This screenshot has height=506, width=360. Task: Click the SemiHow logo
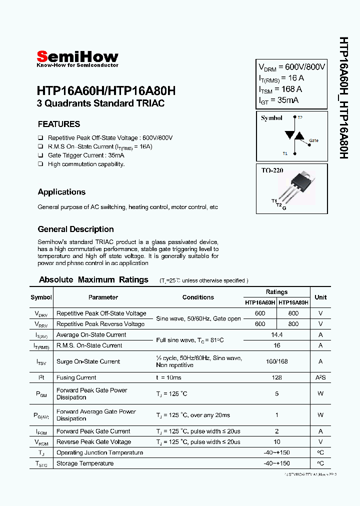77,58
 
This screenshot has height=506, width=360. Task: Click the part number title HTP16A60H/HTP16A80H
106,91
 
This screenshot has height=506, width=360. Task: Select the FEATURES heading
59,124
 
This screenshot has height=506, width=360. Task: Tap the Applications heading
61,192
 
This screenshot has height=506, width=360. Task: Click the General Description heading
75,229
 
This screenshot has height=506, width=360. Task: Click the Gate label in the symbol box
313,140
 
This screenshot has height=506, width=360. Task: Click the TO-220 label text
272,170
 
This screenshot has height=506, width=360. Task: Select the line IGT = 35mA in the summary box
278,100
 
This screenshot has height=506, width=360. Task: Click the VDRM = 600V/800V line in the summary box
291,67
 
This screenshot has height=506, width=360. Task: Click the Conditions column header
198,297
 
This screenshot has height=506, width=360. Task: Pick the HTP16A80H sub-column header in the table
293,302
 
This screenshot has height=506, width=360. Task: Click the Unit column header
320,297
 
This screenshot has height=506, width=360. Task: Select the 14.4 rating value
276,334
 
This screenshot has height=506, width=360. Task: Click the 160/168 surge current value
276,361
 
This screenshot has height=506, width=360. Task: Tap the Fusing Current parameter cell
76,377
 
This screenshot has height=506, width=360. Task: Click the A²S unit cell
320,377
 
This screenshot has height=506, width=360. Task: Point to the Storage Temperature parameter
85,463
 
